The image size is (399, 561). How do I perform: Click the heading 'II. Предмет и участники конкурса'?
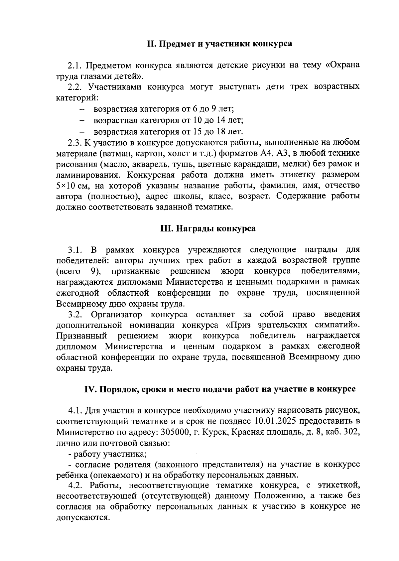pyautogui.click(x=220, y=44)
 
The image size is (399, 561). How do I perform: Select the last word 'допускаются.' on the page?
pyautogui.click(x=83, y=518)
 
